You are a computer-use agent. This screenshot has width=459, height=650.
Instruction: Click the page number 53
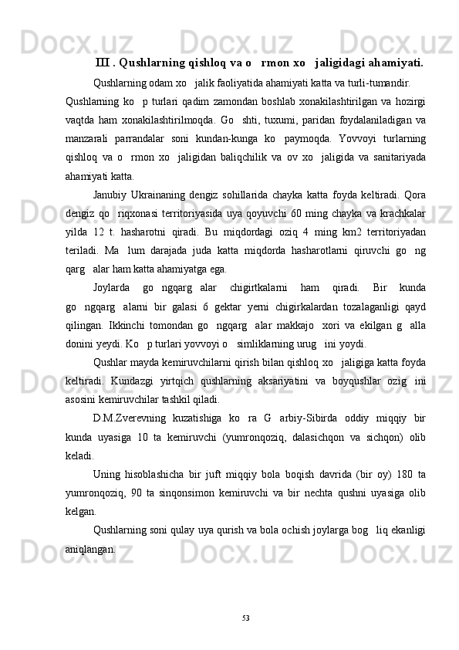(x=245, y=616)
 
